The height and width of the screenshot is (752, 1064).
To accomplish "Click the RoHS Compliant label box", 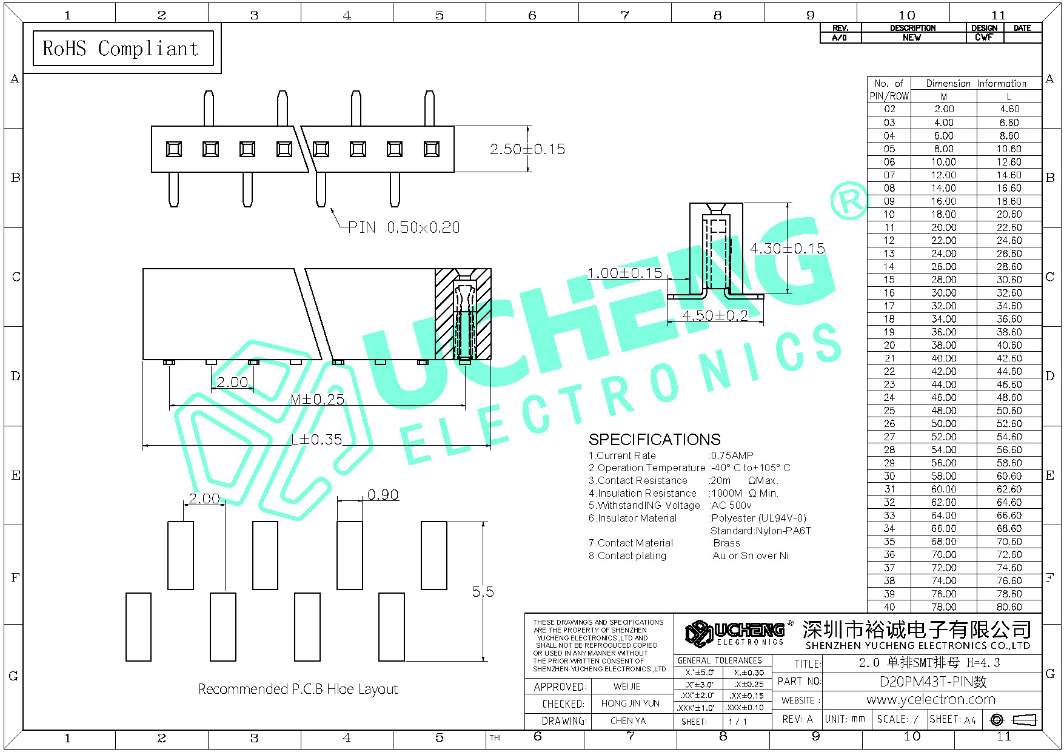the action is pyautogui.click(x=123, y=48).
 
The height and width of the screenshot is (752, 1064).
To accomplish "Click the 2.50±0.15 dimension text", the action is pyautogui.click(x=527, y=149).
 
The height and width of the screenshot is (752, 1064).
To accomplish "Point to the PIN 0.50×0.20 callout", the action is pyautogui.click(x=404, y=227).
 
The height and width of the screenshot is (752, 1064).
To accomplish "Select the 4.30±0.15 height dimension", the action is pyautogui.click(x=787, y=248).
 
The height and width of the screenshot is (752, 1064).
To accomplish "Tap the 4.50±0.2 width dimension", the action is pyautogui.click(x=715, y=315).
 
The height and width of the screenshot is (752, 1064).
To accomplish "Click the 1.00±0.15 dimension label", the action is pyautogui.click(x=625, y=273).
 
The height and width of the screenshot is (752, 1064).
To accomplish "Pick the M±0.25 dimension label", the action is pyautogui.click(x=317, y=399).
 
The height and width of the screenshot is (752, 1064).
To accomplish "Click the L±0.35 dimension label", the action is pyautogui.click(x=316, y=439).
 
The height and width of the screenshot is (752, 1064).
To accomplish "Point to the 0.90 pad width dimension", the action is pyautogui.click(x=383, y=495).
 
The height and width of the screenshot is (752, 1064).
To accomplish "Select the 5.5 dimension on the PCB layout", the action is pyautogui.click(x=483, y=591).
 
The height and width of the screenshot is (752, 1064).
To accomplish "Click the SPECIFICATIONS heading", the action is pyautogui.click(x=655, y=439).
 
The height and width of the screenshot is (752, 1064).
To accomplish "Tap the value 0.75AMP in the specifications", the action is pyautogui.click(x=732, y=455).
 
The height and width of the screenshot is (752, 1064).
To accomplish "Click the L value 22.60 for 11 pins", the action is pyautogui.click(x=1009, y=227).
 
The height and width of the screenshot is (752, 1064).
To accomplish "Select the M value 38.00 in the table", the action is pyautogui.click(x=944, y=345).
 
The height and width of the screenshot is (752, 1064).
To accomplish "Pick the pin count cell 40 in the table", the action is pyautogui.click(x=889, y=607).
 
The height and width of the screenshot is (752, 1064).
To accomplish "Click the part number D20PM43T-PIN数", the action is pyautogui.click(x=933, y=682).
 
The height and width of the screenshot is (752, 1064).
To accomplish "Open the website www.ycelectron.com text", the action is pyautogui.click(x=931, y=699).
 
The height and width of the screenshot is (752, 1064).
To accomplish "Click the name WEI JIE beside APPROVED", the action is pyautogui.click(x=627, y=687).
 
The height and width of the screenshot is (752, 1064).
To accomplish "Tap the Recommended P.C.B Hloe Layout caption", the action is pyautogui.click(x=298, y=689).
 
